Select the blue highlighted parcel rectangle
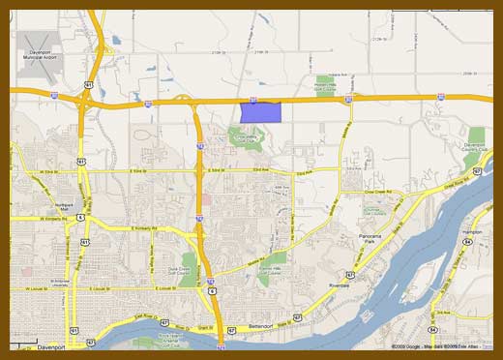[x=260, y=110]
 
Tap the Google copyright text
[x=406, y=345]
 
